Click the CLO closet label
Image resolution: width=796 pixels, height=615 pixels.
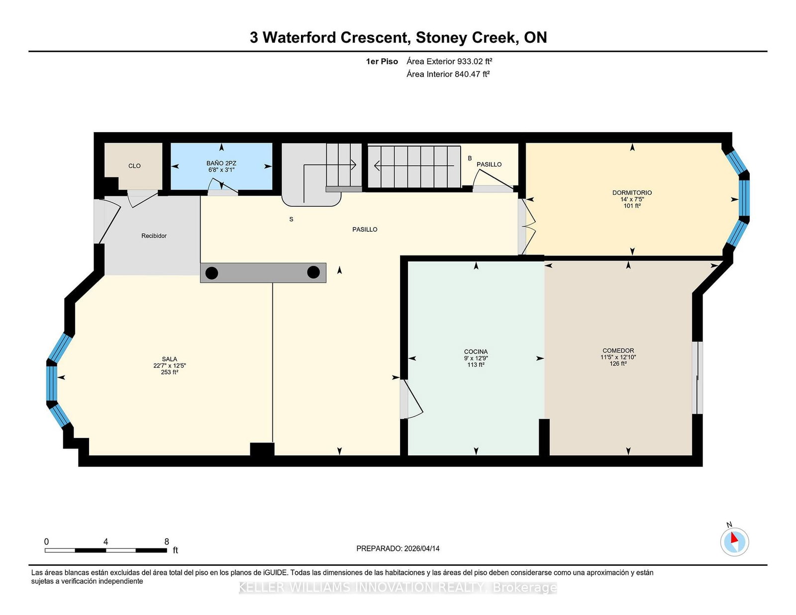[134, 166]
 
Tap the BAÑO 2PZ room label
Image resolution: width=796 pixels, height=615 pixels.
[221, 163]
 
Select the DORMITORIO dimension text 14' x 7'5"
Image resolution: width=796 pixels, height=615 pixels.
[632, 199]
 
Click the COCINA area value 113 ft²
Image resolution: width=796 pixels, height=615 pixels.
[476, 365]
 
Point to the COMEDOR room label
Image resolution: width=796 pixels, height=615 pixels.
[618, 351]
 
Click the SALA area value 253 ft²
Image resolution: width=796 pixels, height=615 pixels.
[169, 372]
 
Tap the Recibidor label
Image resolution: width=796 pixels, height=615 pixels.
[154, 236]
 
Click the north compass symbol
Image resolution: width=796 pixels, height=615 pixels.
[734, 541]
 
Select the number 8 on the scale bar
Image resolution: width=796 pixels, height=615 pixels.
[167, 541]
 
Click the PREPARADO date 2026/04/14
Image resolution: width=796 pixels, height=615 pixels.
[421, 548]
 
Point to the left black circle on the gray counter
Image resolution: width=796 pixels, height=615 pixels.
[212, 273]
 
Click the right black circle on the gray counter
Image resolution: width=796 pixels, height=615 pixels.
[313, 272]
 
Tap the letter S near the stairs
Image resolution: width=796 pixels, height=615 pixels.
[291, 219]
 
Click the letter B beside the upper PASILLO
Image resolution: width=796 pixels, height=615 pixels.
[470, 159]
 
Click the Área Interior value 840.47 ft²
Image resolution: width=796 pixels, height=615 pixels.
[472, 74]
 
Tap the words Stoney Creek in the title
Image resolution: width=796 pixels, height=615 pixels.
[465, 37]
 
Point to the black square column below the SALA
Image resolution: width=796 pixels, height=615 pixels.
[262, 449]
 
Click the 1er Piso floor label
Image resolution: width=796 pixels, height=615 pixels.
[382, 61]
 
